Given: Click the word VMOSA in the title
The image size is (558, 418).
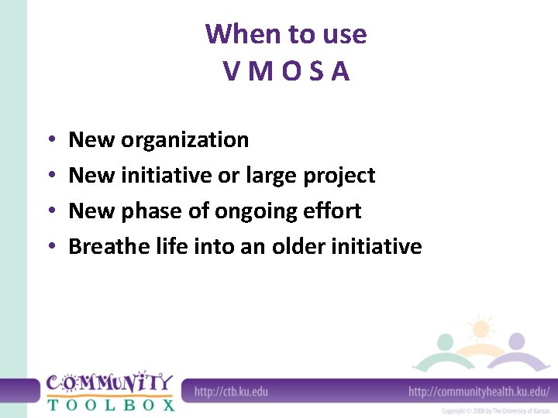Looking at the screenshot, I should point(286,71).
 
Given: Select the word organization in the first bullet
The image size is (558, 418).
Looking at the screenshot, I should point(185,140).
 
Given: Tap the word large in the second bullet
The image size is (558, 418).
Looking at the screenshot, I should point(271,176).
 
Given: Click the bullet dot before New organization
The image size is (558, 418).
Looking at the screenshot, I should point(50,141).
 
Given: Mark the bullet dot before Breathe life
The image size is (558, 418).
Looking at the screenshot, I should point(50,247).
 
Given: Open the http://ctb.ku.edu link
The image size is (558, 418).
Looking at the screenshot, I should point(231,391).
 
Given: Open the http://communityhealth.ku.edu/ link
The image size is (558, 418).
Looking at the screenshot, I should point(478,391).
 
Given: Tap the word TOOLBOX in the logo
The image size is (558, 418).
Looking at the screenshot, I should point(109,404).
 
